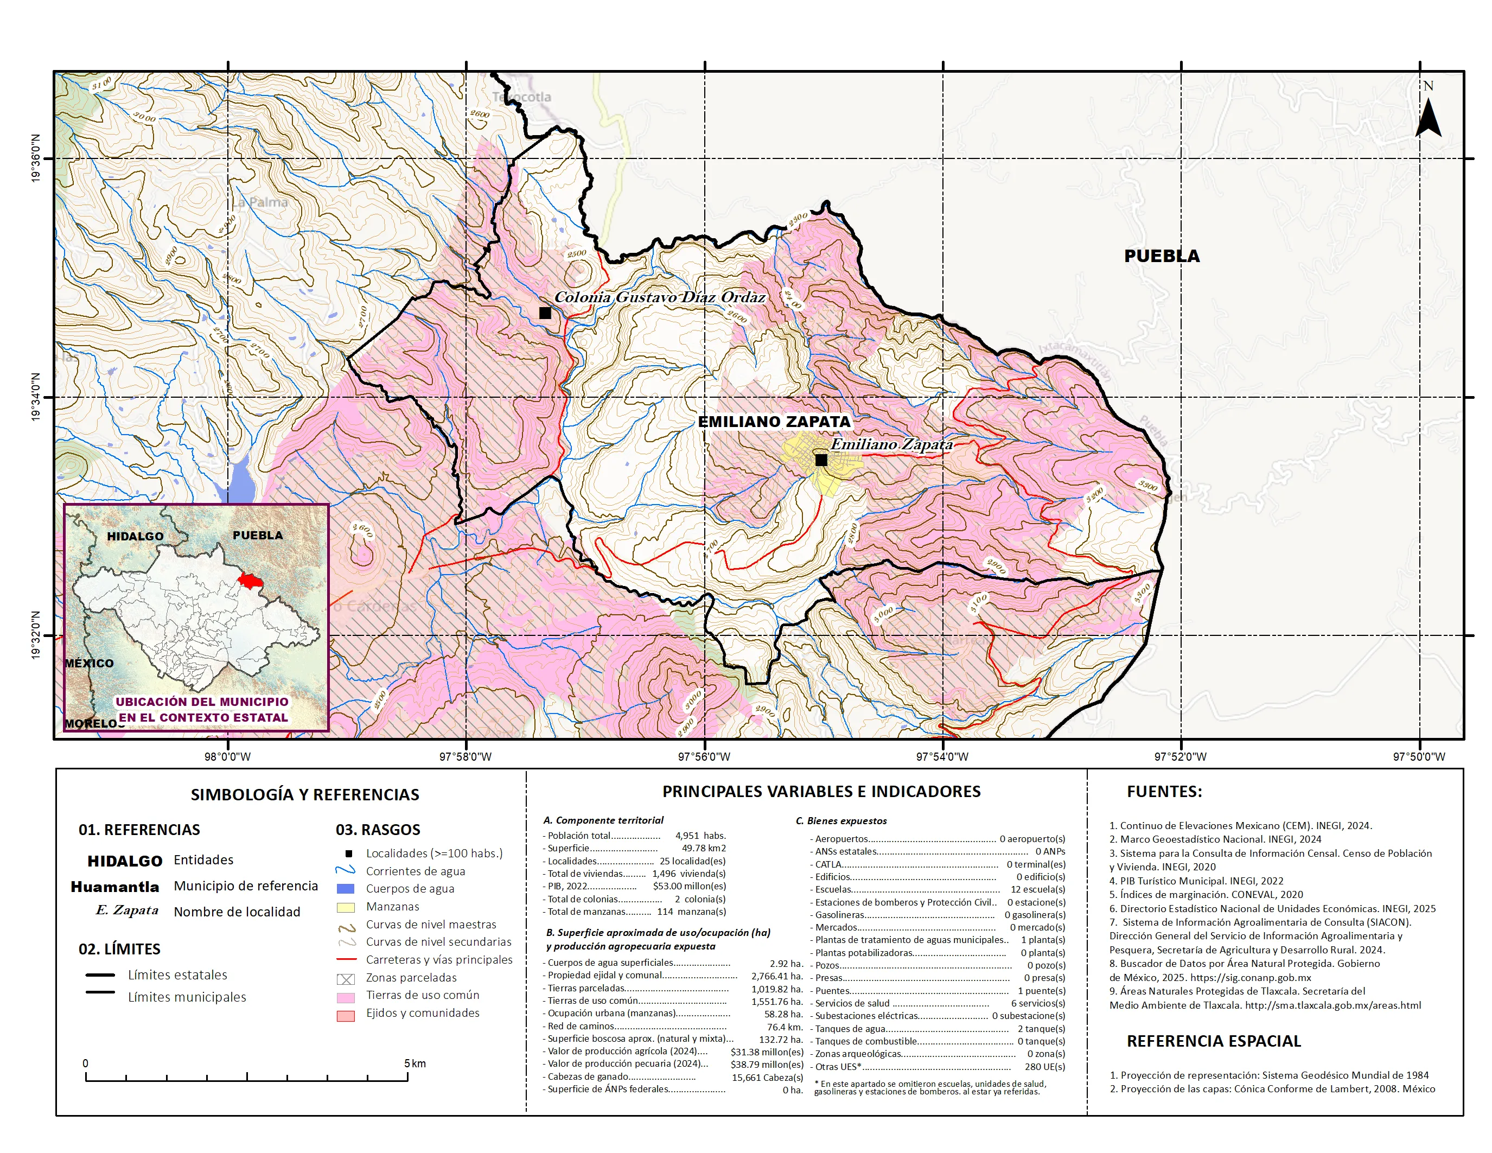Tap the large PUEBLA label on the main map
tap(1162, 256)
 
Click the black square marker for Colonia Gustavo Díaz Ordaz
tap(545, 313)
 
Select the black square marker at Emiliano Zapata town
tap(821, 460)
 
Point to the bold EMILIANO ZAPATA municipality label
tap(774, 422)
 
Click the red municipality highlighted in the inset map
tap(250, 581)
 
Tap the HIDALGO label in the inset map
tap(135, 536)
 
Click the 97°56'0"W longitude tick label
tap(704, 757)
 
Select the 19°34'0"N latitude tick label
tap(35, 397)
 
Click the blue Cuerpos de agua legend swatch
tap(346, 889)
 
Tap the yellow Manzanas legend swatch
tap(346, 907)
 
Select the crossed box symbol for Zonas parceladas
tap(346, 979)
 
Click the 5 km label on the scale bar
tap(415, 1063)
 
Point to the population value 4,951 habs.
tap(700, 836)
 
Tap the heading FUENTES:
tap(1164, 792)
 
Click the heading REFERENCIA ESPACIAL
tap(1213, 1041)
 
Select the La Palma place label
tap(259, 202)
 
